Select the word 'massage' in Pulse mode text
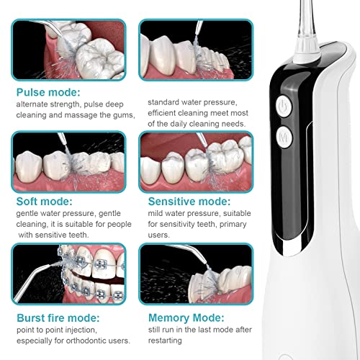pos(67,116)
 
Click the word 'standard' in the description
pos(164,102)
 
